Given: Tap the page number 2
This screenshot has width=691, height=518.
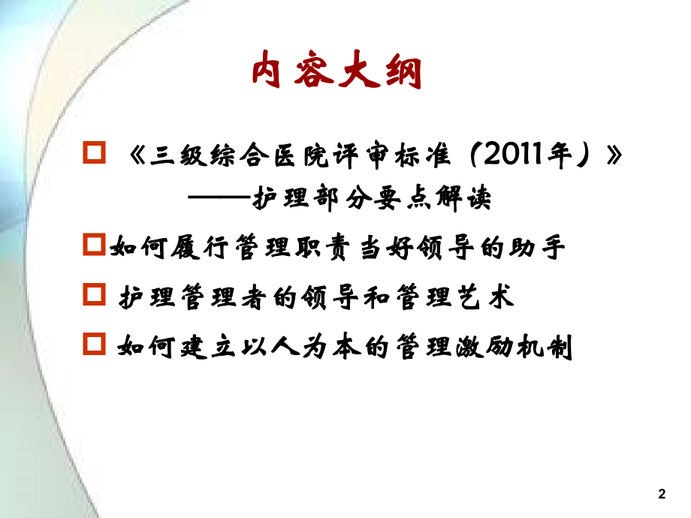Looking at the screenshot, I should pyautogui.click(x=661, y=494).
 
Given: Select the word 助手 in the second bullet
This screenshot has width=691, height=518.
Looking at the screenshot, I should pyautogui.click(x=543, y=248).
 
